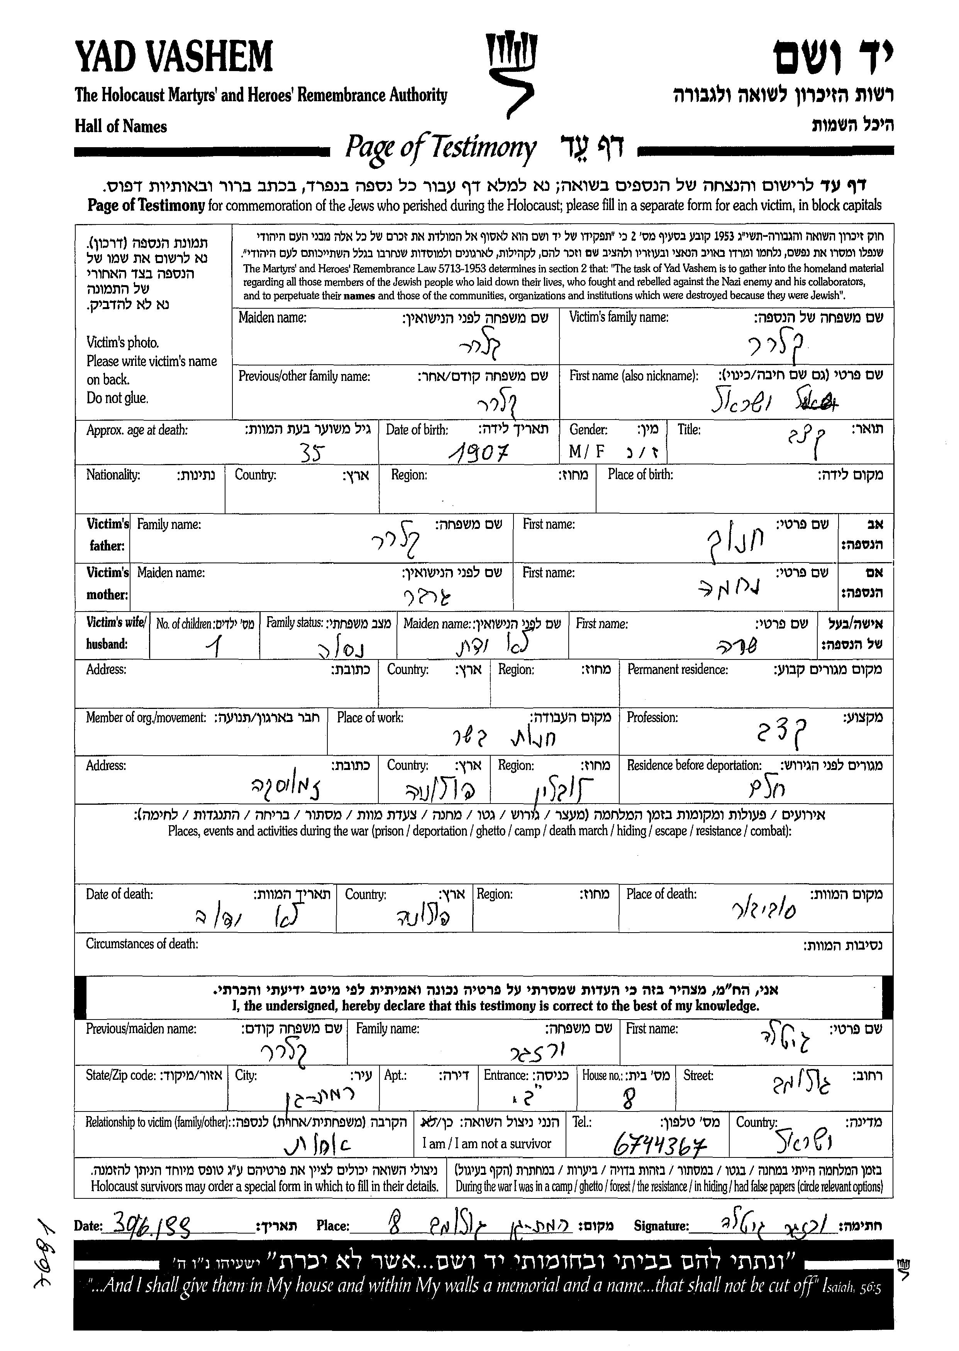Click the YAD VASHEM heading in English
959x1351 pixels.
[174, 57]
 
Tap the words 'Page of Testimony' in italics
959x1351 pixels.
[440, 148]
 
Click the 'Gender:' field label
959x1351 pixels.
[588, 430]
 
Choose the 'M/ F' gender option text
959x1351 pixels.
[587, 452]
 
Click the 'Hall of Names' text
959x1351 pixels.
[120, 126]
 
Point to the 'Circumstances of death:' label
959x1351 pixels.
[142, 944]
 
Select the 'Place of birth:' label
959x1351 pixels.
[640, 474]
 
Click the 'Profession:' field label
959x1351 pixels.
[652, 717]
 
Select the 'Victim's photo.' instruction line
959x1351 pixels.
[123, 343]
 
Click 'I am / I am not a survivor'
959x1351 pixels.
[486, 1144]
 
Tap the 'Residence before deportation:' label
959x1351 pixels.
[694, 765]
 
